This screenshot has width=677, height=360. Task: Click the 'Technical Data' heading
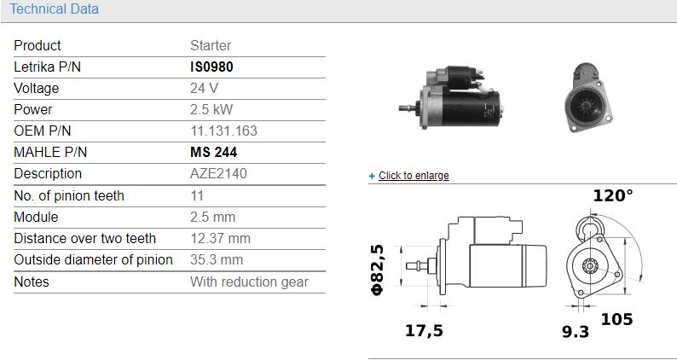tap(55, 9)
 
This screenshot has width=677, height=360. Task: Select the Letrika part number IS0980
tap(211, 67)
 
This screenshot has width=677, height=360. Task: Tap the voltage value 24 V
tap(205, 88)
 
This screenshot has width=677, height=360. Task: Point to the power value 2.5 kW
tap(211, 109)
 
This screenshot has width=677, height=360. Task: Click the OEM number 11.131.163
tap(223, 131)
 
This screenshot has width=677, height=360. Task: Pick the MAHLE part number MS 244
tap(214, 152)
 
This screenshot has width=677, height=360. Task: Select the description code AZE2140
tap(218, 173)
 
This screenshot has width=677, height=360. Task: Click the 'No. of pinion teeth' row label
tap(69, 195)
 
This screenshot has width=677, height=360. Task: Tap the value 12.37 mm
tap(220, 238)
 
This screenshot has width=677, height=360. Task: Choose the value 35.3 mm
tap(217, 259)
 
